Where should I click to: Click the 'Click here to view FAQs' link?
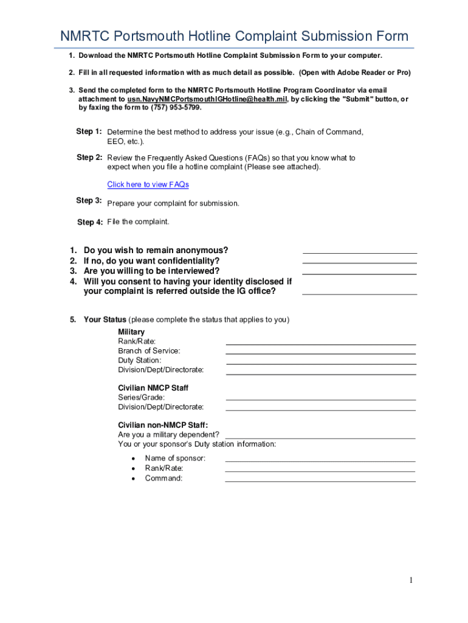148,184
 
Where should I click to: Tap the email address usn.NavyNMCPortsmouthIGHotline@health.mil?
207,99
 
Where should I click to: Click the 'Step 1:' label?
89,131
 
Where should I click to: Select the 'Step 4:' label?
90,222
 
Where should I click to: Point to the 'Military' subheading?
131,332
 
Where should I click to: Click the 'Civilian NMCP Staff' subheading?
153,388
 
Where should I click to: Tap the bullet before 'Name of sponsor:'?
132,458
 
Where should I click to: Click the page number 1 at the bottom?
411,580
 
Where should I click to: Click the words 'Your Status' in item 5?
105,319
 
